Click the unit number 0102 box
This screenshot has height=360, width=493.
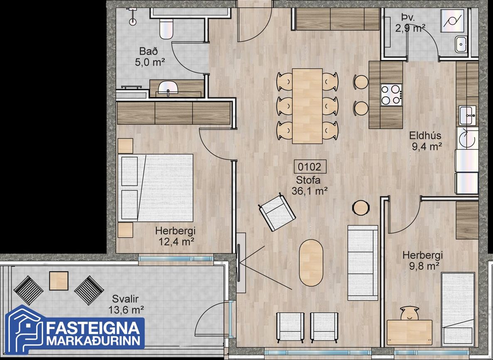click(310, 167)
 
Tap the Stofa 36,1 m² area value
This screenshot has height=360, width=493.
click(310, 191)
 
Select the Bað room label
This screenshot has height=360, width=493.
click(149, 51)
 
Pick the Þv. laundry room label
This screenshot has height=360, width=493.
click(408, 17)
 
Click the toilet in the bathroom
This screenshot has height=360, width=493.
click(166, 28)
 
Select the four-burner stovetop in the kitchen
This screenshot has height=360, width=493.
click(391, 95)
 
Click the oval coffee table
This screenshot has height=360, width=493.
click(311, 263)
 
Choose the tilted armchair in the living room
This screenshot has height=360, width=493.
click(277, 212)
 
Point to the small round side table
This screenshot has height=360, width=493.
click(361, 208)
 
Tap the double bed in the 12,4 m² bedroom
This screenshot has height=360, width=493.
click(155, 188)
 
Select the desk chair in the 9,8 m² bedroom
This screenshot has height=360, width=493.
click(410, 313)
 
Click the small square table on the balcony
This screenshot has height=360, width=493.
click(59, 281)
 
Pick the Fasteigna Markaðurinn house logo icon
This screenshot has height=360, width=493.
click(24, 330)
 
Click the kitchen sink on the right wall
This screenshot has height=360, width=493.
click(467, 115)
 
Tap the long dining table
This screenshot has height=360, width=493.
click(307, 106)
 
